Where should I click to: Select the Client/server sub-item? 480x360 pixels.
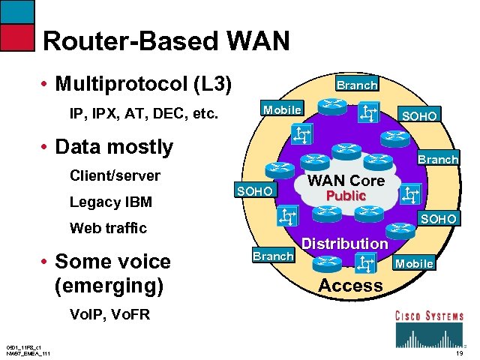click(x=115, y=176)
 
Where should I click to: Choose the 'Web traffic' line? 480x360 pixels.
click(x=108, y=228)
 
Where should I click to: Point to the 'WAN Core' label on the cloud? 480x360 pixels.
click(x=346, y=181)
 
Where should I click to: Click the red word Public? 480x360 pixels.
click(x=345, y=196)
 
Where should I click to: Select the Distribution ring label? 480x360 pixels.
click(x=344, y=244)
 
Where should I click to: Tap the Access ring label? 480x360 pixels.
click(x=350, y=285)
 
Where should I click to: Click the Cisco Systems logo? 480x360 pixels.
click(x=429, y=325)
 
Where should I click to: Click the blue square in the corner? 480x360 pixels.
click(x=17, y=11)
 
